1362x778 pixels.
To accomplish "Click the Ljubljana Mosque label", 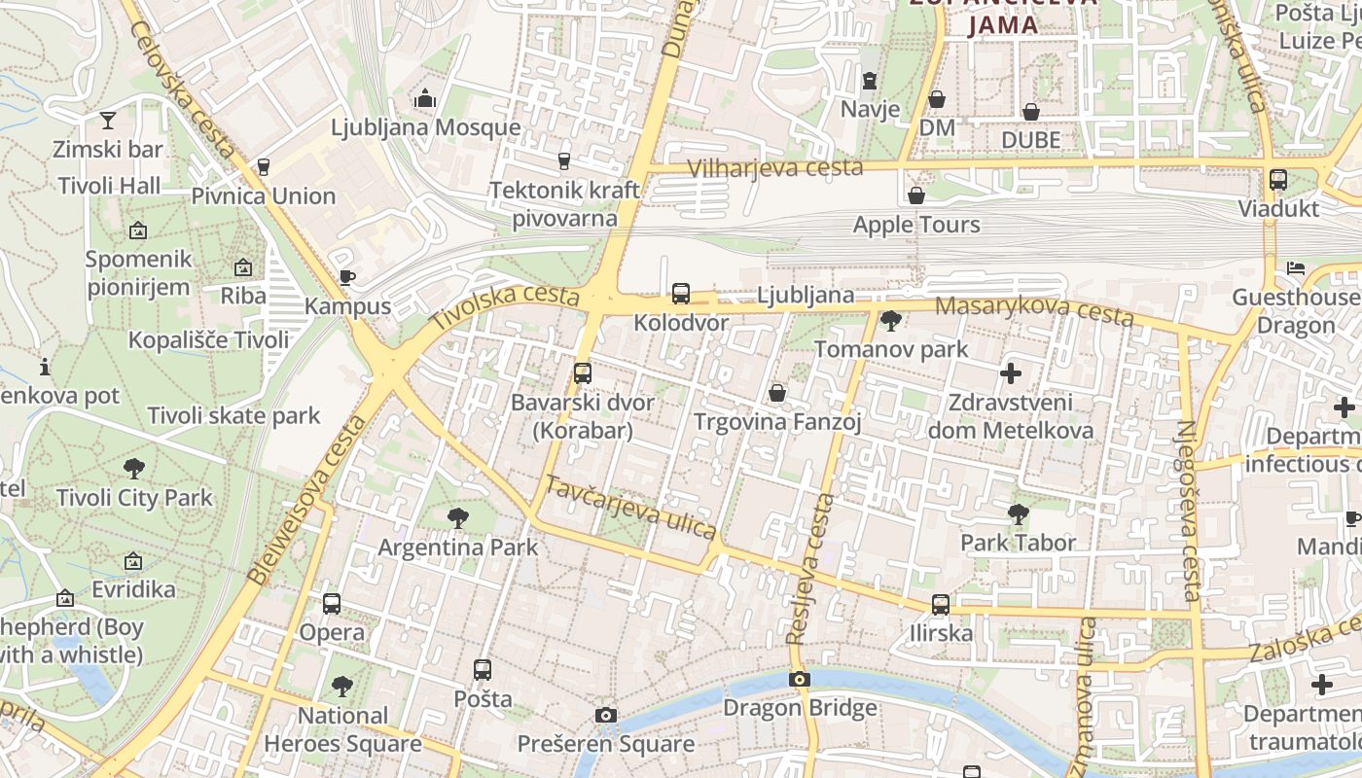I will [x=425, y=127].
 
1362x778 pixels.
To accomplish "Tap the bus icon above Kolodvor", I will [x=681, y=294].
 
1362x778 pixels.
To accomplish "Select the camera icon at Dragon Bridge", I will [x=800, y=679].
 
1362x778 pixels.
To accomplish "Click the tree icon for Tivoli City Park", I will [x=134, y=469].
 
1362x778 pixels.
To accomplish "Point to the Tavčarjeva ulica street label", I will [x=630, y=507].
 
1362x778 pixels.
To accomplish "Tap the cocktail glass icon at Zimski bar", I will [x=108, y=121].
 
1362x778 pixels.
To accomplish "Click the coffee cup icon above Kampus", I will [x=347, y=277].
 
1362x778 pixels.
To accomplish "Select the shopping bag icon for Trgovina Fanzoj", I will [x=777, y=393].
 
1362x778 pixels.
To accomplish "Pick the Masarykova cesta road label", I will [x=1033, y=311].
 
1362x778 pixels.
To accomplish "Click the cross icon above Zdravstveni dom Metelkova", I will [x=1011, y=372].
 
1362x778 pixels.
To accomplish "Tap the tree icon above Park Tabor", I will [x=1018, y=513].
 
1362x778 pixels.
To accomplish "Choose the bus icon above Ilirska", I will [x=941, y=604].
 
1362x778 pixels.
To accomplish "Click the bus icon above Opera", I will [x=332, y=604].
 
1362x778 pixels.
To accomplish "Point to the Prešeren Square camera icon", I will [x=606, y=716].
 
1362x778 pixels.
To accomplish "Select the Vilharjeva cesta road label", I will [x=775, y=167].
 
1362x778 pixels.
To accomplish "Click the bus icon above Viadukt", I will [x=1278, y=180].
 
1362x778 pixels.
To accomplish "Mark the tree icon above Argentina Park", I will [x=457, y=518].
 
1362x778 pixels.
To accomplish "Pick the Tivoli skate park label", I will [x=233, y=416].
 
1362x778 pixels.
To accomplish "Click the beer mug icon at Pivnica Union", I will [x=263, y=167].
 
